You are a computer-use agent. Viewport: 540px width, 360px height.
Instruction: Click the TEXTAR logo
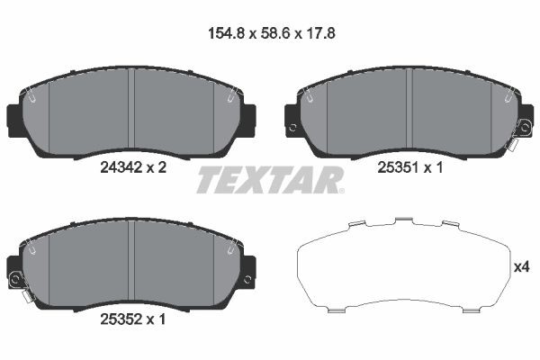pos(270,180)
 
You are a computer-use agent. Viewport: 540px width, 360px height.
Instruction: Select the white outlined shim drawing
pos(401,265)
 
